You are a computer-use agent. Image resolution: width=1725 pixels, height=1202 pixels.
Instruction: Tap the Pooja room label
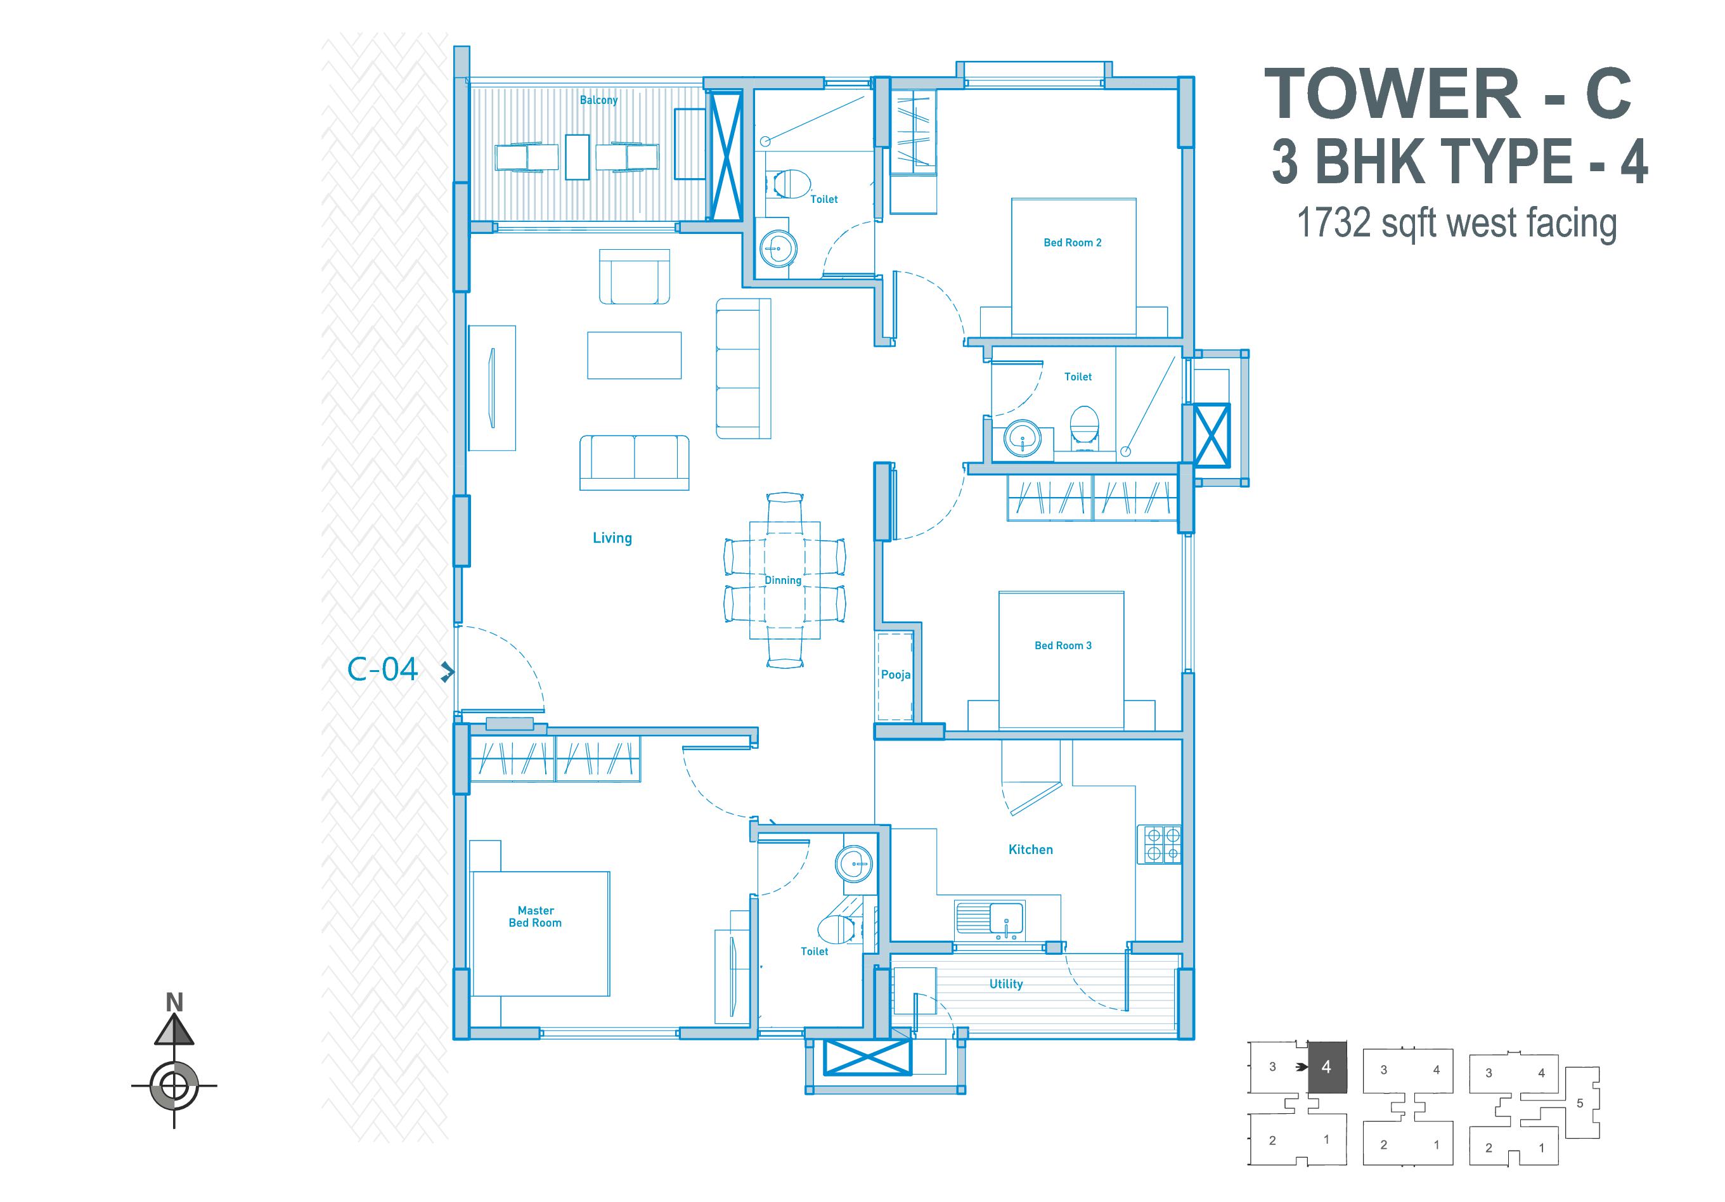(896, 675)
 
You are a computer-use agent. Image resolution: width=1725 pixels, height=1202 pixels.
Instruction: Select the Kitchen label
(1030, 850)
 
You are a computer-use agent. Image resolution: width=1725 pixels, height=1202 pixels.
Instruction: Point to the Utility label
(1006, 984)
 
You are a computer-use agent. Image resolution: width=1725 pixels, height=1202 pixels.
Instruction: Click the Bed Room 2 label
(1072, 243)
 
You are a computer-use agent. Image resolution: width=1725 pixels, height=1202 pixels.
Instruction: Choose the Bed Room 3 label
(1063, 645)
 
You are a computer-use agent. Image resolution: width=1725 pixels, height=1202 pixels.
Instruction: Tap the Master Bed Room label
(535, 917)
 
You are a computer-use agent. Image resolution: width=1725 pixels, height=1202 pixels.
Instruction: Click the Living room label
(612, 538)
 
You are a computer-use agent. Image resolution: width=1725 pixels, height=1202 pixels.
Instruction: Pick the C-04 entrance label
(382, 669)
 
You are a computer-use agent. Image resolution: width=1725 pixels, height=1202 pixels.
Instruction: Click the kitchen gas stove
(1160, 844)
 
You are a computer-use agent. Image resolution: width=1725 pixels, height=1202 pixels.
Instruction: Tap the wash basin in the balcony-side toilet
(778, 247)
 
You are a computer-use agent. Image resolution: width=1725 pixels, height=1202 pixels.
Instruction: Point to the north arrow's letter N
(174, 1002)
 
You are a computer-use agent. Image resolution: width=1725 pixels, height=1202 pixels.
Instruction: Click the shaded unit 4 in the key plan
(1327, 1067)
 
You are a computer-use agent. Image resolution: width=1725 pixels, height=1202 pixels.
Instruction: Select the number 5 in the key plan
(1579, 1104)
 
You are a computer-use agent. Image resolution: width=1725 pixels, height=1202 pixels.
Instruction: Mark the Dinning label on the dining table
(783, 580)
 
